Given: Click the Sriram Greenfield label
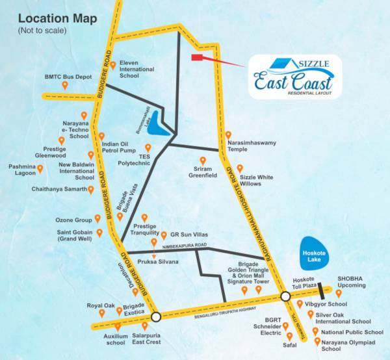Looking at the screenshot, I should click(x=201, y=172).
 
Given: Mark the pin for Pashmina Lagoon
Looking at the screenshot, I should click(x=40, y=170).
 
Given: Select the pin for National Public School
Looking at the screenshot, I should click(x=315, y=331).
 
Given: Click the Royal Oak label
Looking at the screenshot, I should click(x=101, y=305).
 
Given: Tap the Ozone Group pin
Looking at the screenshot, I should click(x=97, y=219).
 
